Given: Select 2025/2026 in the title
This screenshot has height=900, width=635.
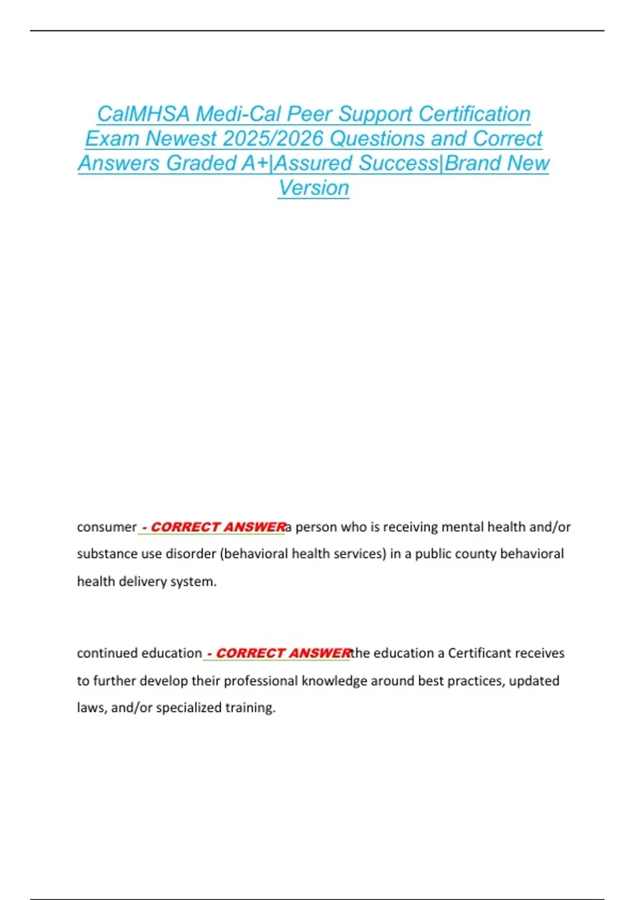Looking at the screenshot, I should (273, 139).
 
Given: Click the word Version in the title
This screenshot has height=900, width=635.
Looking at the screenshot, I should (314, 188).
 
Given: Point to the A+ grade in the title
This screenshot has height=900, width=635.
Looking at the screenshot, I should (255, 164).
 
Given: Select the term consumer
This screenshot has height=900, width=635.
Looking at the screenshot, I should (106, 527).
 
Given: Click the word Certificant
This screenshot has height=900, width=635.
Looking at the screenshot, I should (479, 653).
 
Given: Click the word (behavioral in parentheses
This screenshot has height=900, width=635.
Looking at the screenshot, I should (253, 554).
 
